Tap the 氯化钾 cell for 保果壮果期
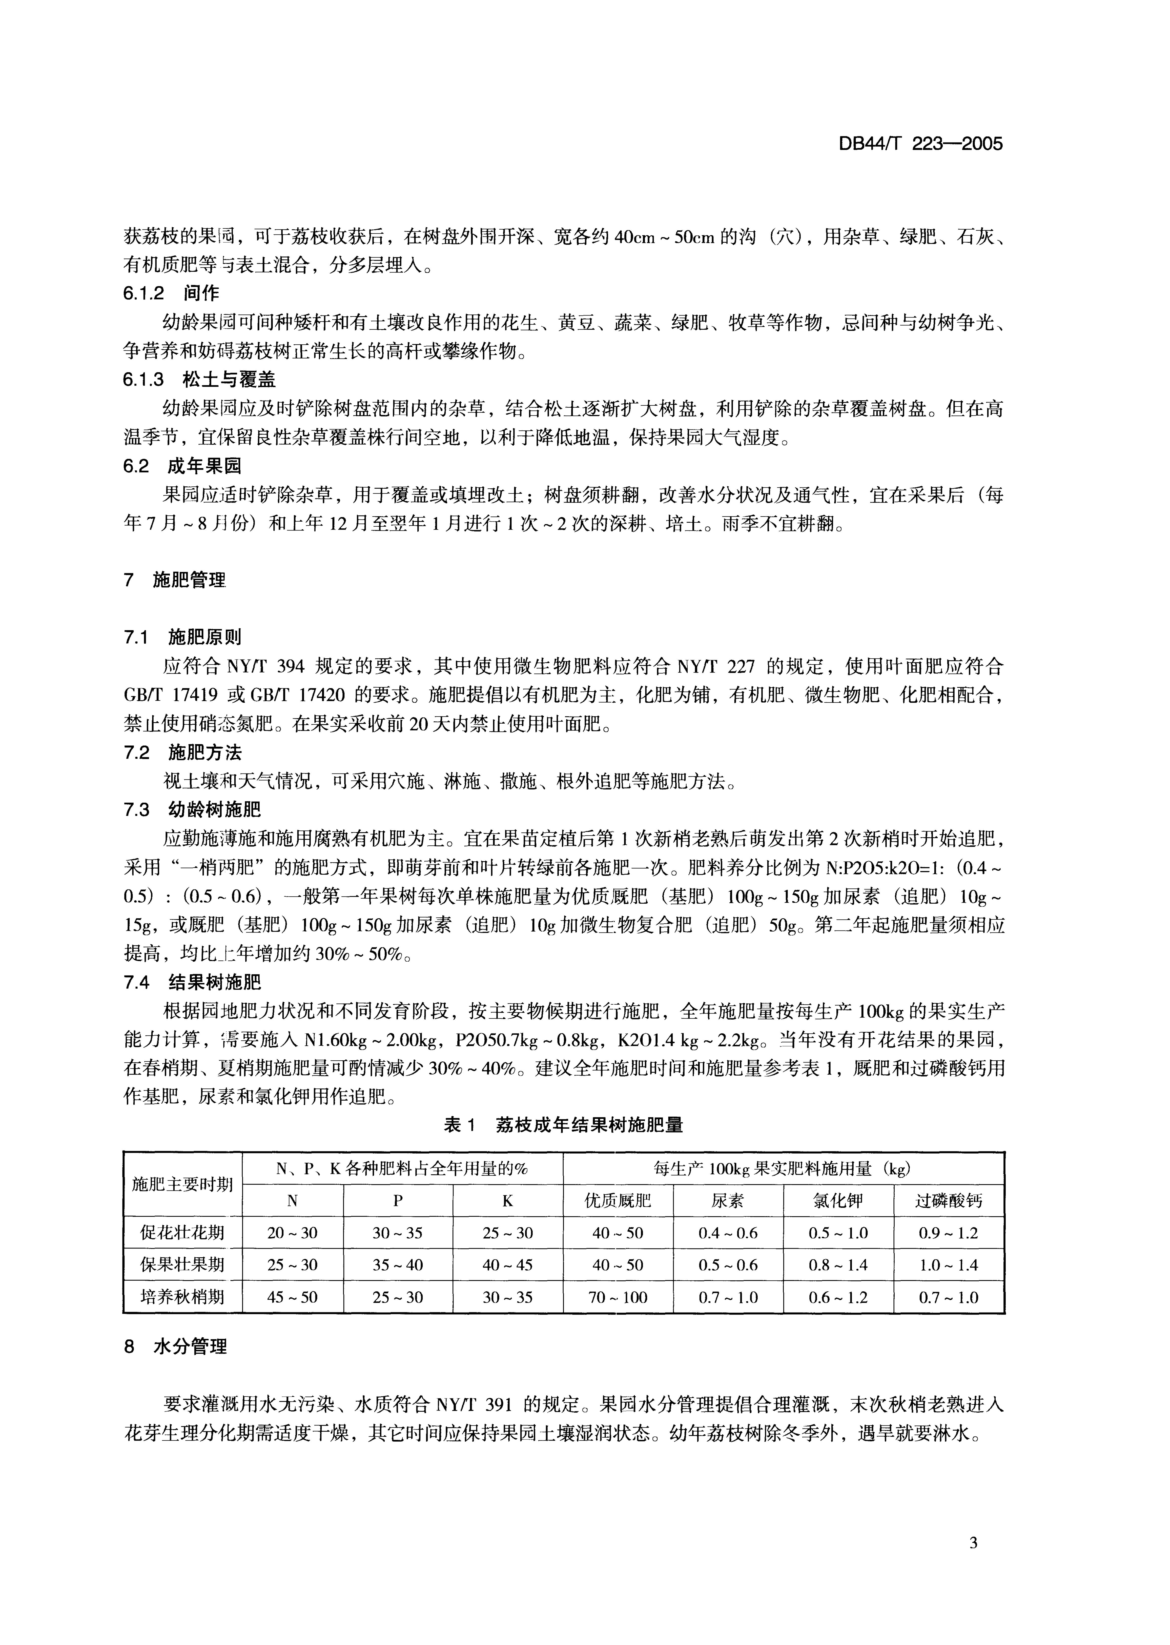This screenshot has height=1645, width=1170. [838, 1265]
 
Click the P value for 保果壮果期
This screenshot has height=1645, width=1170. [398, 1265]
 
